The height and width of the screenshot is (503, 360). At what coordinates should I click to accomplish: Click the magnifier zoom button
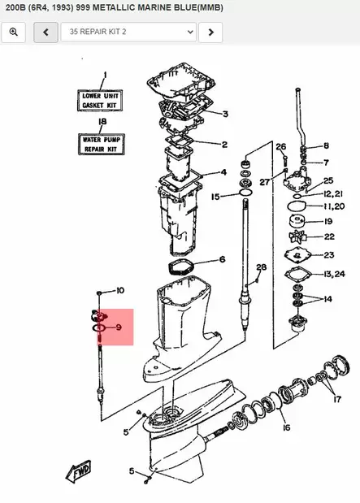(x=14, y=32)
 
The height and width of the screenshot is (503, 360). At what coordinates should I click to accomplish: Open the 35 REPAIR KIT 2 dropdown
(x=128, y=32)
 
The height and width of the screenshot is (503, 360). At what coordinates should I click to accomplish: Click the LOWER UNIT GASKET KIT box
(x=100, y=101)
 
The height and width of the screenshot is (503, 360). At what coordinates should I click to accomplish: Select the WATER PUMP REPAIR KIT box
(x=101, y=145)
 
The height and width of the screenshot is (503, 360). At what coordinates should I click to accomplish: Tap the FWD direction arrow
(x=79, y=472)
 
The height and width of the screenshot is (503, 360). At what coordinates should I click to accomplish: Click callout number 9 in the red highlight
(x=119, y=327)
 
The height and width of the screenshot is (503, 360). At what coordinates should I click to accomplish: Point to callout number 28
(x=262, y=267)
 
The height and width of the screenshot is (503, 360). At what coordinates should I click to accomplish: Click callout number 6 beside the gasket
(x=222, y=259)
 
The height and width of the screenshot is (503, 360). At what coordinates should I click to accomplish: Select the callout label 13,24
(x=334, y=274)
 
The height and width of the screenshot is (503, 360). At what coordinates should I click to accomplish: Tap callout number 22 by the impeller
(x=329, y=236)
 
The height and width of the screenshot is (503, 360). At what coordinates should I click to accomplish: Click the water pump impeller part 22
(x=297, y=237)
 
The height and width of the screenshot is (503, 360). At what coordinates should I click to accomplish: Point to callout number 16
(x=287, y=427)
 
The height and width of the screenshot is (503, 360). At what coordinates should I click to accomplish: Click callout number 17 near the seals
(x=337, y=399)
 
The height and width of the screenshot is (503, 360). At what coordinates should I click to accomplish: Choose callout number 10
(x=120, y=291)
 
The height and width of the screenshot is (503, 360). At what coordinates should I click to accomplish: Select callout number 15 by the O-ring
(x=215, y=197)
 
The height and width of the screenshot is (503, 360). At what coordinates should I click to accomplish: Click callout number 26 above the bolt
(x=280, y=147)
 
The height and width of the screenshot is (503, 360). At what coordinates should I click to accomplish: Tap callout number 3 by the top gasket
(x=225, y=114)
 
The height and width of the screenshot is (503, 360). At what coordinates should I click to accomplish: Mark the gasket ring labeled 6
(x=180, y=267)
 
